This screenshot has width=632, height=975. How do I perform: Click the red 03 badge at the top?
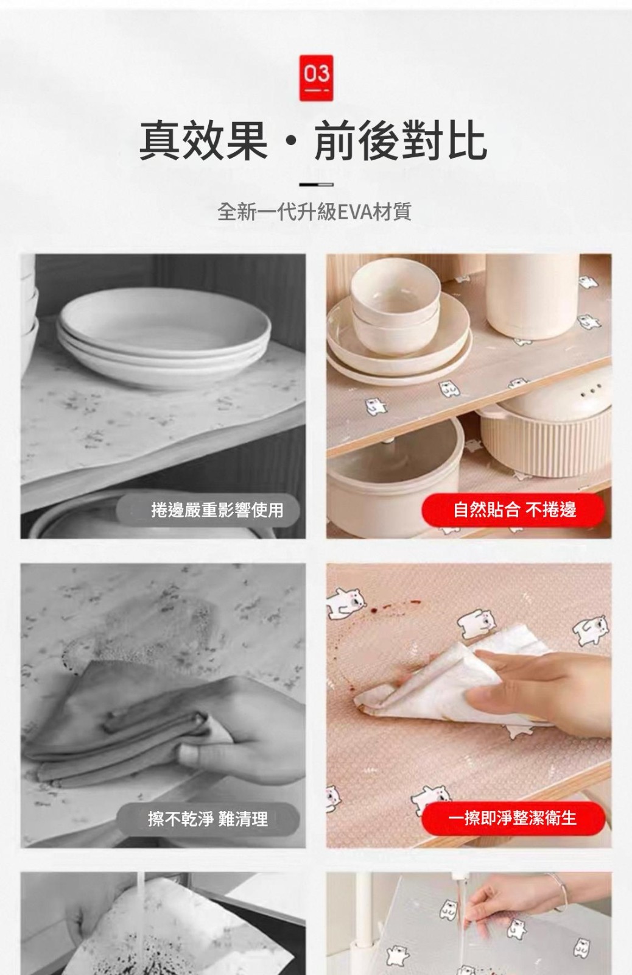pos(316,78)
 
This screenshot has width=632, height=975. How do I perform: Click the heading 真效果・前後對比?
pos(313,140)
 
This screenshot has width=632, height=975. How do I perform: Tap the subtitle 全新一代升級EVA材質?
pos(314,212)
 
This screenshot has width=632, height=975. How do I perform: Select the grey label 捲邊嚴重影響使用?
pos(208,509)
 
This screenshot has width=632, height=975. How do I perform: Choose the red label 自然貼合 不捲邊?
pos(513,509)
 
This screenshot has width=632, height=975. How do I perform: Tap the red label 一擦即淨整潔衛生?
pos(513,818)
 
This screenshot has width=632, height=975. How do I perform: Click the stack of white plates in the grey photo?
pos(164,338)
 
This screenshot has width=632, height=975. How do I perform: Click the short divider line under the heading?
pos(316,185)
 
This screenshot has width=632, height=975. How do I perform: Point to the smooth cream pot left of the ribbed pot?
pos(394,475)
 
